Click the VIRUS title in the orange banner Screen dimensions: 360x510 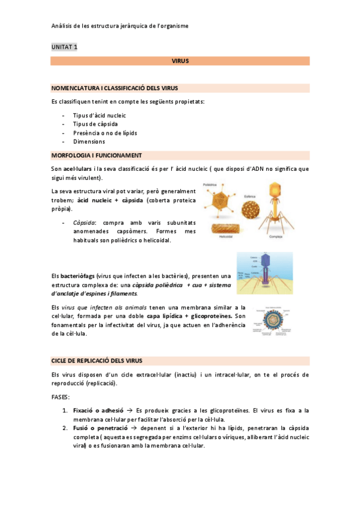pos(180,61)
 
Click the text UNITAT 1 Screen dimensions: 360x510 pos(64,46)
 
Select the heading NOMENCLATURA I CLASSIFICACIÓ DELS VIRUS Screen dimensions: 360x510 pos(114,88)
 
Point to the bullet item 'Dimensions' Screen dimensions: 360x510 pos(89,142)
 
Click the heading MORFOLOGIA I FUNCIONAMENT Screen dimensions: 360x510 pos(96,155)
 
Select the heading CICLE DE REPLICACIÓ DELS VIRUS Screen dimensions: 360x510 pos(97,360)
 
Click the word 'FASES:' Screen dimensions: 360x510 pos(61,398)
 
